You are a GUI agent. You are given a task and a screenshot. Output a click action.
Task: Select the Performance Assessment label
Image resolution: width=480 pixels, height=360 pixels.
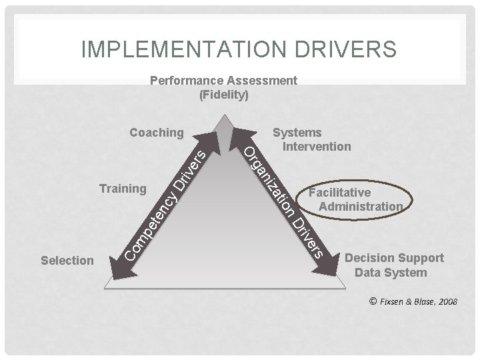[x=223, y=81]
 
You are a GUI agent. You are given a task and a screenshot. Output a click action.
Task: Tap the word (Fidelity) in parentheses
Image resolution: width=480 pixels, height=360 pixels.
[x=224, y=95]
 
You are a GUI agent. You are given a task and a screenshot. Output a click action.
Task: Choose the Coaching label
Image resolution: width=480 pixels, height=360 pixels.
[x=156, y=133]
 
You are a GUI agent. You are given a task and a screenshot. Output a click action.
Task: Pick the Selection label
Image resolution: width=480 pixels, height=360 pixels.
[x=67, y=260]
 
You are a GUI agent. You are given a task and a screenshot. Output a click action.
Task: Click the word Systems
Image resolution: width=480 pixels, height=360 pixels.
[x=297, y=133]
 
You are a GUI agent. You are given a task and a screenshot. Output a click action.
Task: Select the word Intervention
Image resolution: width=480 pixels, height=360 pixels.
[x=317, y=146]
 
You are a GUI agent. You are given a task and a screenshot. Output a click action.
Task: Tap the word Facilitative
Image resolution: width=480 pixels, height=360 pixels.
[x=340, y=193]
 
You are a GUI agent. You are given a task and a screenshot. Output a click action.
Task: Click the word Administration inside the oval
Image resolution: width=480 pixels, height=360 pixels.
[x=360, y=206]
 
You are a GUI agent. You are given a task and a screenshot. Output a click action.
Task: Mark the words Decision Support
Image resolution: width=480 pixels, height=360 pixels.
[x=393, y=258]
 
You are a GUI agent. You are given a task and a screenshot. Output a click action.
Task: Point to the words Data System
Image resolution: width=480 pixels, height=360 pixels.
[x=391, y=272]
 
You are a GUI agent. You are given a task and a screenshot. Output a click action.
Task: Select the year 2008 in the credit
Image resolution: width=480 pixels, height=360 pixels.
[x=445, y=302]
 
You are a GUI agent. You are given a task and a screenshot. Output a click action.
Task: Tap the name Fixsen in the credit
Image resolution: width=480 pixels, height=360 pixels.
[x=393, y=302]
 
